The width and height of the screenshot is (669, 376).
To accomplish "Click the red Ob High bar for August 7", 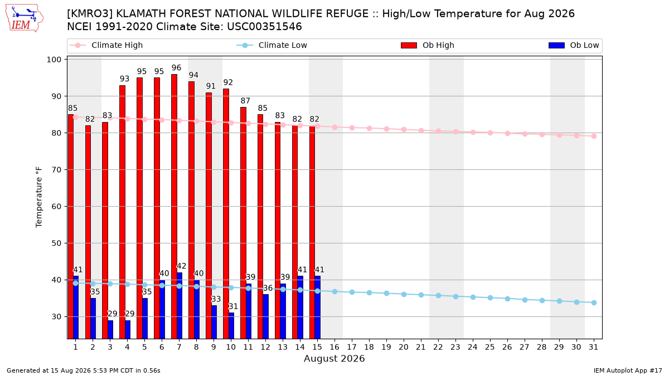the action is click(x=174, y=207).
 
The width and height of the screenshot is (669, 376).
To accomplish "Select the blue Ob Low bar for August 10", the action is click(x=231, y=325).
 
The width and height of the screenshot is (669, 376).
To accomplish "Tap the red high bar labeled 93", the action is click(x=122, y=212).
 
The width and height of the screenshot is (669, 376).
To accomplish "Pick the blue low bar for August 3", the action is click(x=110, y=329).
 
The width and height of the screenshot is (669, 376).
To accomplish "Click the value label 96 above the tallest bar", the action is click(x=176, y=68).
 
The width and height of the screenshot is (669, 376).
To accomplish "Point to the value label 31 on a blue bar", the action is click(x=233, y=306).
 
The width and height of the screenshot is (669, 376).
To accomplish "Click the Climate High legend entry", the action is click(x=106, y=45).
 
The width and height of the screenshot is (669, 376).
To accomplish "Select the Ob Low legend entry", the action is click(x=574, y=45).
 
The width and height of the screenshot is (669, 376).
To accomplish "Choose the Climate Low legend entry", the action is click(x=272, y=45).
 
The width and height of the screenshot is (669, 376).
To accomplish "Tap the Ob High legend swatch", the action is click(x=409, y=45).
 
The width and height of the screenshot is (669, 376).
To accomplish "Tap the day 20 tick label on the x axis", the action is click(x=404, y=347).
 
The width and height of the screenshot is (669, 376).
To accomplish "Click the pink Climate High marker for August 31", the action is click(x=594, y=136).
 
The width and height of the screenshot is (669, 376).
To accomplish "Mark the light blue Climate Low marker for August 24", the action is click(x=473, y=297).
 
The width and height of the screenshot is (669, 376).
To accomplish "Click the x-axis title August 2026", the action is click(x=334, y=358).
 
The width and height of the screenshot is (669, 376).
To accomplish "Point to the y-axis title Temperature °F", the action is click(x=39, y=197).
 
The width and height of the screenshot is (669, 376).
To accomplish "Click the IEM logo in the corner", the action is click(x=24, y=18).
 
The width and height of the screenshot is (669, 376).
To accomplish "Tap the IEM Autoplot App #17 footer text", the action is click(x=628, y=370).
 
